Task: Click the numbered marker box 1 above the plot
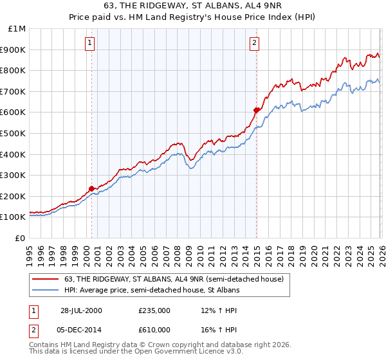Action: point(89,44)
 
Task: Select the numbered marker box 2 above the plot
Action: point(255,44)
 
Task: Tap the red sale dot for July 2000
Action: point(92,188)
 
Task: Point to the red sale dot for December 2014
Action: point(256,110)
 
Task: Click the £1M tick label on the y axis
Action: point(17,29)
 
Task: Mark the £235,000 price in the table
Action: point(154,310)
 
